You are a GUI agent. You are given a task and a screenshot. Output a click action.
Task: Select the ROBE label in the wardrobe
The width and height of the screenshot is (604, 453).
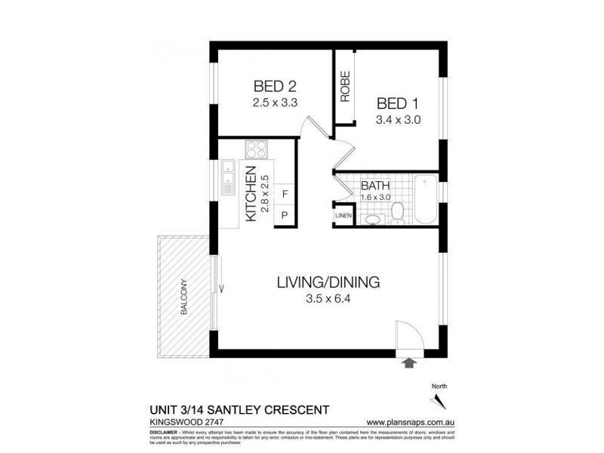pos(345,87)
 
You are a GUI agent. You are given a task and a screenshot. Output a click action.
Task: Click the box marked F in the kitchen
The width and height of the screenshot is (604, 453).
pos(284,195)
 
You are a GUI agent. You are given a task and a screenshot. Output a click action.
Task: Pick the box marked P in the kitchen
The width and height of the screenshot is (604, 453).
pos(284,214)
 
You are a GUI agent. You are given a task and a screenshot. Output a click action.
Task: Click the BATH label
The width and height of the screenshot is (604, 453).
pos(374,186)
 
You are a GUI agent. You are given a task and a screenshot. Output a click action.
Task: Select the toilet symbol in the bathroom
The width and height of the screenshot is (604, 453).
pos(397,213)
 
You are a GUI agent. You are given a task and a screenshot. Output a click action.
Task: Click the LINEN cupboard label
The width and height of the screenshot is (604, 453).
pos(344,217)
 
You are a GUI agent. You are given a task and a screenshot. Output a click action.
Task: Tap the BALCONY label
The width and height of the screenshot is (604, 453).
pos(183,297)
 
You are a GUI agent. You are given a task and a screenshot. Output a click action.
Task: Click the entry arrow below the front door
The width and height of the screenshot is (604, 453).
pos(410,364)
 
